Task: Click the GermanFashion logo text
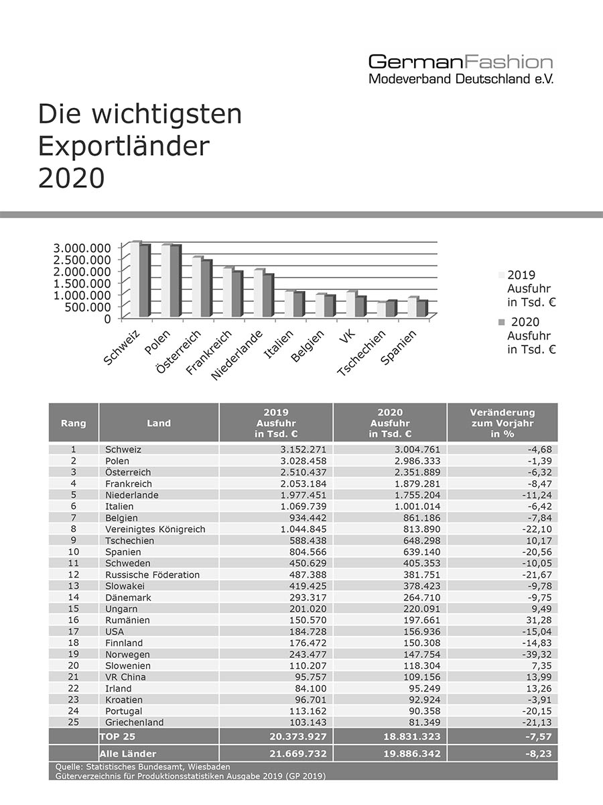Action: tap(460, 62)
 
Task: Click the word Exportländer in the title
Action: tap(124, 146)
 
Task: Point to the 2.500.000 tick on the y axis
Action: tap(82, 260)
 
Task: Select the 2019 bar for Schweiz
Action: tap(135, 279)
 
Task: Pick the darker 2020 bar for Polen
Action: tap(175, 281)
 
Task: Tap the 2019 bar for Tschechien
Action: tap(381, 309)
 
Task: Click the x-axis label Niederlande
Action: tap(237, 355)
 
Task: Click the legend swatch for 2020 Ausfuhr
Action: tap(502, 322)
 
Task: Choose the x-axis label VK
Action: tap(346, 336)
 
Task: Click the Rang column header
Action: tap(73, 423)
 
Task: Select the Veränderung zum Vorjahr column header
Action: tap(503, 423)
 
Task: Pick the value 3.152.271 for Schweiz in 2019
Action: tap(303, 449)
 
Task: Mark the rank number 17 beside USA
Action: tap(73, 631)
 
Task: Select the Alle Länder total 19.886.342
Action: tap(412, 754)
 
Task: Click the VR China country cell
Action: tap(125, 677)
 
